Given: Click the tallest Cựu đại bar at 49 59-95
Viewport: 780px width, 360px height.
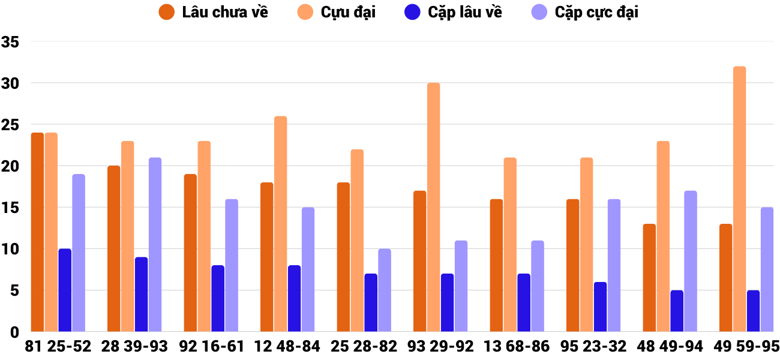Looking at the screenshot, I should pyautogui.click(x=739, y=199).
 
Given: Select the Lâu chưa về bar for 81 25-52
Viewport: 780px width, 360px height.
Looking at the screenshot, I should pyautogui.click(x=37, y=232).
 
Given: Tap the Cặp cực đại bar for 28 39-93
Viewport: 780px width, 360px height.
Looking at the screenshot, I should pyautogui.click(x=155, y=245).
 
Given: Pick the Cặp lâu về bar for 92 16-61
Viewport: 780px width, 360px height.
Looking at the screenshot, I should pyautogui.click(x=218, y=298).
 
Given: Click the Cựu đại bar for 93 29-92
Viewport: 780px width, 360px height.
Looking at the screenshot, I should pyautogui.click(x=433, y=207).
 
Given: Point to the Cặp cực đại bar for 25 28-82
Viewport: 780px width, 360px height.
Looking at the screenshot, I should pyautogui.click(x=385, y=290).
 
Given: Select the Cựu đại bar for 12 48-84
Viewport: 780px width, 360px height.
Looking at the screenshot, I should pyautogui.click(x=280, y=224).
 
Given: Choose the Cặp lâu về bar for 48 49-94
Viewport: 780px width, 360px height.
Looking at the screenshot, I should pyautogui.click(x=677, y=311).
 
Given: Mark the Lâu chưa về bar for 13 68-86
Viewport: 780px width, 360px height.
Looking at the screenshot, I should pyautogui.click(x=496, y=265).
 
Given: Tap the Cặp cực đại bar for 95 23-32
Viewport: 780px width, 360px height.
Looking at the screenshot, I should pyautogui.click(x=614, y=265).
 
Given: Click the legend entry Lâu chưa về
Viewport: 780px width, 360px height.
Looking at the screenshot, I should pyautogui.click(x=214, y=12).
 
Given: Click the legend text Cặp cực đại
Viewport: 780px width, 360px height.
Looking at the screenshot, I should pyautogui.click(x=596, y=12).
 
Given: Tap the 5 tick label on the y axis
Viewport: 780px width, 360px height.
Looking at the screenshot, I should pyautogui.click(x=15, y=291).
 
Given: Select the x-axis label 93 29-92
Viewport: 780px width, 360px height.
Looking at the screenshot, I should pyautogui.click(x=440, y=346).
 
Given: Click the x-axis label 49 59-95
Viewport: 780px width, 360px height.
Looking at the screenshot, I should pyautogui.click(x=746, y=346).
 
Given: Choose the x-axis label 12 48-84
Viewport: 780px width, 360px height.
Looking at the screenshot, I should pyautogui.click(x=287, y=346).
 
